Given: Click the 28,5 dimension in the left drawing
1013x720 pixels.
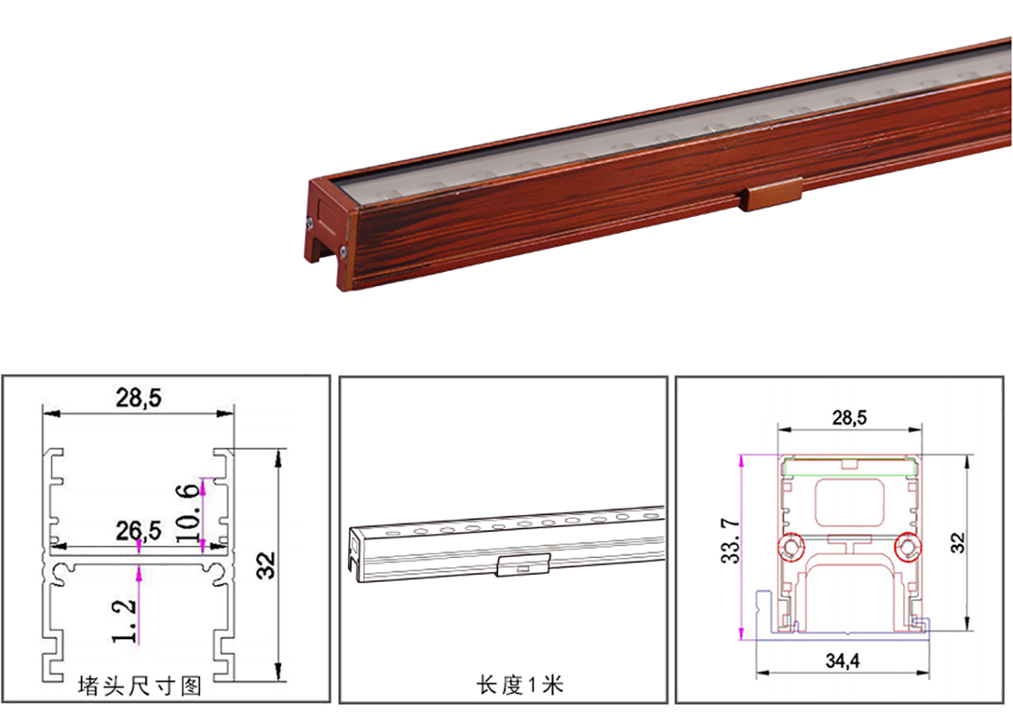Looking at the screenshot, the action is (x=138, y=398).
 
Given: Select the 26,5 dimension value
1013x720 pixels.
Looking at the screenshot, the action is (x=138, y=531).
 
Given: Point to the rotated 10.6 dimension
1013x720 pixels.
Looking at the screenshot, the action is (x=187, y=513).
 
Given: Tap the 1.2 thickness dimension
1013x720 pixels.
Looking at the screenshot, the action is (x=124, y=621).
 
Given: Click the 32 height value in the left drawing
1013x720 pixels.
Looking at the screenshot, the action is (x=266, y=566).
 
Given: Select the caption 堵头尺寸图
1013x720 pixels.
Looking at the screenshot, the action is (x=140, y=686).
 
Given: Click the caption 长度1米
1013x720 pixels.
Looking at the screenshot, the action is (x=520, y=685).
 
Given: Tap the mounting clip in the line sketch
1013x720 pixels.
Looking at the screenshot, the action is (x=523, y=565).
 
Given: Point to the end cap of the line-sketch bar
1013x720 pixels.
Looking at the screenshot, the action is (x=355, y=552).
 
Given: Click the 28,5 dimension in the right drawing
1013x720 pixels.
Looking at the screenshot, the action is (x=850, y=418).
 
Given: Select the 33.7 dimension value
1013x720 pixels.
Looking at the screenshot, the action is (x=730, y=541).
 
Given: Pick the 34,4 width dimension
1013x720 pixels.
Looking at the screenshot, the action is (x=842, y=661).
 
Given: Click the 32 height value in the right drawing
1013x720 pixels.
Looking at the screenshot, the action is (x=958, y=543).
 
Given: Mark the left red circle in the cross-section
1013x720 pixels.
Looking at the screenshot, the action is (x=791, y=547).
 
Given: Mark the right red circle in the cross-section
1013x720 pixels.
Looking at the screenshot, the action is (x=907, y=547).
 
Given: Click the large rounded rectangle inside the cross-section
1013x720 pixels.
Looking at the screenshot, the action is (x=850, y=503).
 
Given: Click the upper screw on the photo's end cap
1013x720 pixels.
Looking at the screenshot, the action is (x=311, y=222).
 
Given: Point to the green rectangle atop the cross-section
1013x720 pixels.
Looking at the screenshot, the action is (x=851, y=467).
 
